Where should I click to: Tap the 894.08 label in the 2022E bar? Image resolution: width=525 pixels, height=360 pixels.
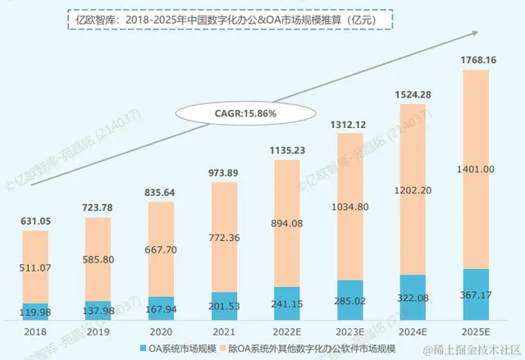[x=286, y=225]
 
